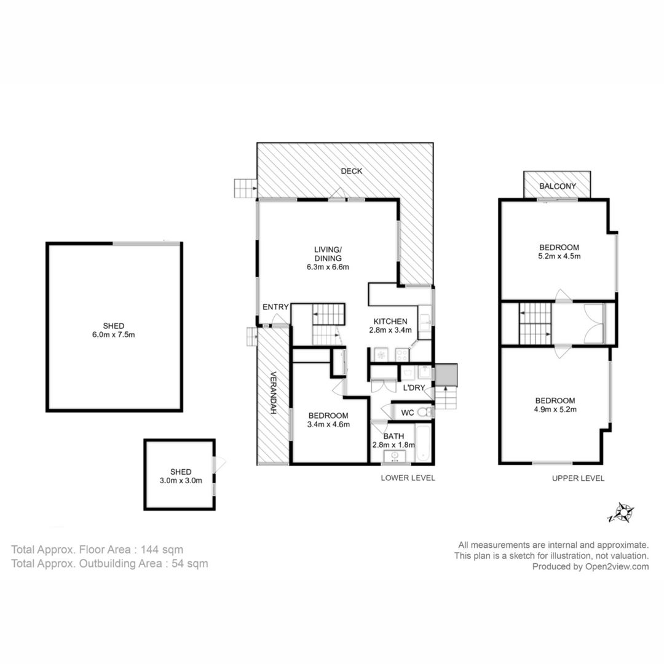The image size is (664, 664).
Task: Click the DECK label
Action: [x=352, y=171]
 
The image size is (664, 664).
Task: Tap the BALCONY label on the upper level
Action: [x=557, y=186]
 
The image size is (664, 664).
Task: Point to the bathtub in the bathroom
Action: [x=423, y=443]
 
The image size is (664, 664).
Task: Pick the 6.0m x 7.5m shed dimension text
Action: [x=114, y=334]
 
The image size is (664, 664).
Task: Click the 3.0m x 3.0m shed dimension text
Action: [x=181, y=481]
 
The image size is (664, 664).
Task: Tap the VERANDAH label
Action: [x=273, y=393]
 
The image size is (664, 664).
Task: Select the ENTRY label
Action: [x=275, y=307]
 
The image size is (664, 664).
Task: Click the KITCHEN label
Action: [x=390, y=322]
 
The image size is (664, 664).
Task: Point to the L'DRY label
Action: [x=414, y=387]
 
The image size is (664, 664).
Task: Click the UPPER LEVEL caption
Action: [x=578, y=478]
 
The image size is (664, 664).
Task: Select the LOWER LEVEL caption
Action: [x=408, y=478]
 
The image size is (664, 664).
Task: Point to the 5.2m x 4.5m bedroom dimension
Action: [x=559, y=256]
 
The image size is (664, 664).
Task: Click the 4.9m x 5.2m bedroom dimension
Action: [x=555, y=409]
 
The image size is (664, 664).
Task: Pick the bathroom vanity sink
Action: [x=395, y=456]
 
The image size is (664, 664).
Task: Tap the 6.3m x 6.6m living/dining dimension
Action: [x=328, y=267]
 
